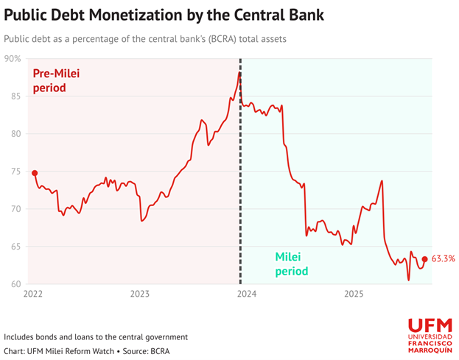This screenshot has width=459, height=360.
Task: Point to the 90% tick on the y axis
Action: point(12,58)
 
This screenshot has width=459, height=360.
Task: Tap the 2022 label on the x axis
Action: point(33,294)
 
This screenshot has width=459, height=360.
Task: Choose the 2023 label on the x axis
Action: point(140,294)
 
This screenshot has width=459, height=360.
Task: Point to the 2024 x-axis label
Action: point(247,294)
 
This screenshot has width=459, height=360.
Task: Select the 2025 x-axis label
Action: point(354,294)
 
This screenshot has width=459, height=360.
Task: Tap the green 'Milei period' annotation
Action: point(292,264)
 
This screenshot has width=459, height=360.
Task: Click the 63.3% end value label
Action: point(444,258)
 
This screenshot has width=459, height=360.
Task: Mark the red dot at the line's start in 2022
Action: point(35,173)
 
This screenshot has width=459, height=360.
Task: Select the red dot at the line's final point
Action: point(424,258)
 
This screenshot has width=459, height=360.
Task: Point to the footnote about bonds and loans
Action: point(96,336)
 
